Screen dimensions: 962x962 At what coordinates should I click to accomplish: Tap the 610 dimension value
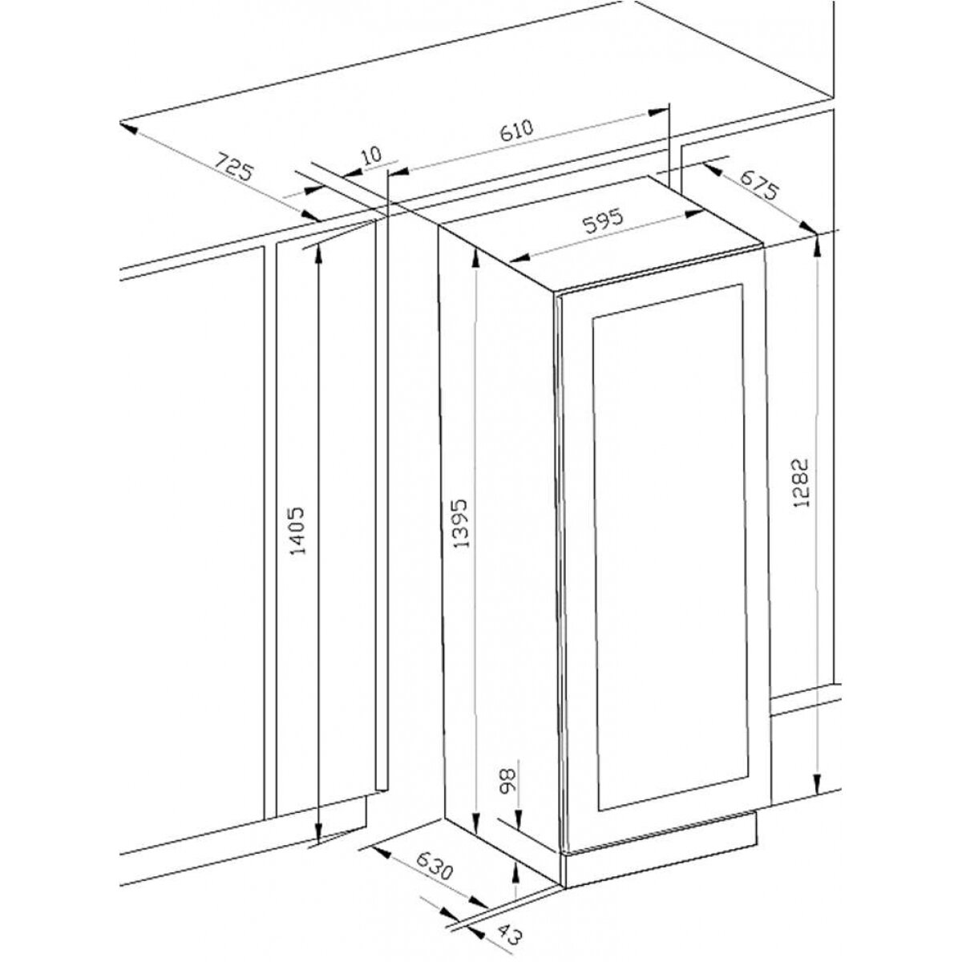(516, 131)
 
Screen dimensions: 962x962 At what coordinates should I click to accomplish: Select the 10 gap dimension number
(371, 155)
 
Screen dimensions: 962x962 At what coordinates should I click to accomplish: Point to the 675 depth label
(759, 184)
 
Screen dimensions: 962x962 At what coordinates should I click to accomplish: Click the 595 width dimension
(604, 221)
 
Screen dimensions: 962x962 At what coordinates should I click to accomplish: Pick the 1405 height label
(297, 532)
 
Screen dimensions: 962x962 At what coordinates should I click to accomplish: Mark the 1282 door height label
(801, 483)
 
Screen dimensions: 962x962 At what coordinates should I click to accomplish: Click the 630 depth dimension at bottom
(435, 869)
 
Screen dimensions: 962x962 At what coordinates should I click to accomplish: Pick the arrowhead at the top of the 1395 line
(475, 257)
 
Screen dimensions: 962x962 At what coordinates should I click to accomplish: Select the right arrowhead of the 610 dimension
(658, 113)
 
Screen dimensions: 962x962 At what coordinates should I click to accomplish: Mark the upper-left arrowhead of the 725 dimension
(128, 127)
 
